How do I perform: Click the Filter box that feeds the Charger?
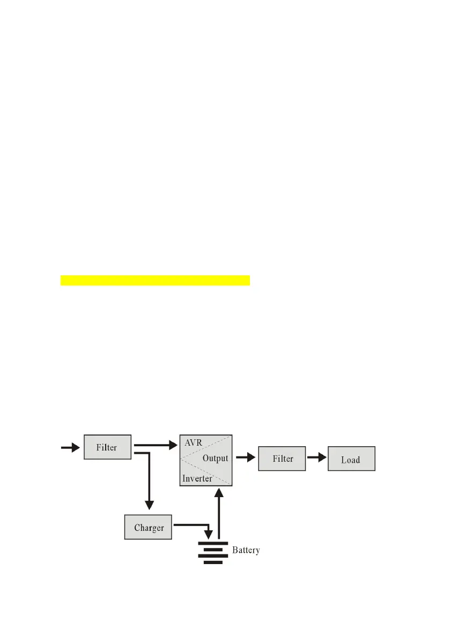pyautogui.click(x=107, y=447)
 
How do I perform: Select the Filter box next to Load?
pyautogui.click(x=282, y=459)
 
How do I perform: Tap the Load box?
pyautogui.click(x=351, y=459)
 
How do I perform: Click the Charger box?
pyautogui.click(x=149, y=528)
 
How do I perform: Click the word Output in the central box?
pyautogui.click(x=215, y=459)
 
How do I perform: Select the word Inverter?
pyautogui.click(x=197, y=478)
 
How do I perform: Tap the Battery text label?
pyautogui.click(x=246, y=550)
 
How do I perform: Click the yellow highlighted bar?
pyautogui.click(x=155, y=281)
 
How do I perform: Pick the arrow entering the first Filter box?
pyautogui.click(x=70, y=448)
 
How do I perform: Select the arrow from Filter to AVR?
pyautogui.click(x=156, y=444)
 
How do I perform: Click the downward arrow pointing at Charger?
pyautogui.click(x=149, y=482)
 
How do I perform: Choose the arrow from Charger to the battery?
pyautogui.click(x=193, y=526)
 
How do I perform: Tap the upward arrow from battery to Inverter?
pyautogui.click(x=218, y=512)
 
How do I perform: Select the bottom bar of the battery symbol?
pyautogui.click(x=213, y=562)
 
